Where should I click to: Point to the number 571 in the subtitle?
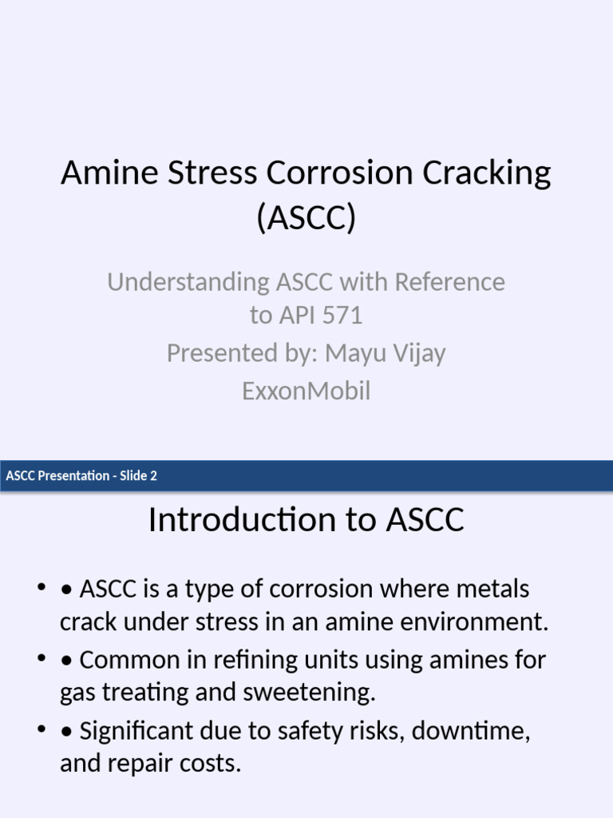[341, 316]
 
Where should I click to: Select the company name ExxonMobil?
[306, 391]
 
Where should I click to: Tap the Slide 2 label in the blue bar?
[138, 476]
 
